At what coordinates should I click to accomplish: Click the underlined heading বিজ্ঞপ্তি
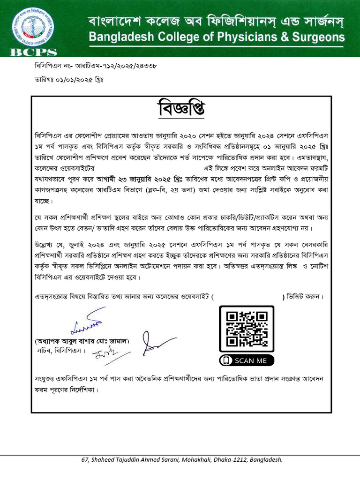181,110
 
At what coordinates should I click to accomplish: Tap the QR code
247,329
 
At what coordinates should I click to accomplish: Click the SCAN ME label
251,360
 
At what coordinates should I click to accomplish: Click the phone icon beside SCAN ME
227,360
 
